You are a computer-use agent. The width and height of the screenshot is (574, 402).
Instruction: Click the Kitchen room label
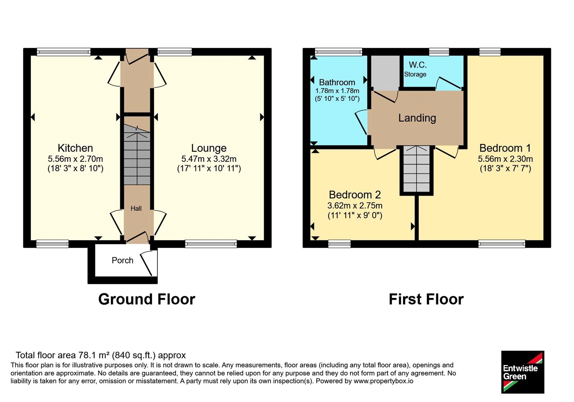75,148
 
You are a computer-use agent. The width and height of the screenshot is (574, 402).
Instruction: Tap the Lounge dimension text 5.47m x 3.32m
209,159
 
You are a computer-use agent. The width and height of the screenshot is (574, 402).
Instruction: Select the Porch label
122,260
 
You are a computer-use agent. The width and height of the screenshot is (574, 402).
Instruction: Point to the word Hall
136,209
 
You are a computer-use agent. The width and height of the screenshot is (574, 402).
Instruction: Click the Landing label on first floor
417,118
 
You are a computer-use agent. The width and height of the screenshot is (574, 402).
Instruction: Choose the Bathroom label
337,82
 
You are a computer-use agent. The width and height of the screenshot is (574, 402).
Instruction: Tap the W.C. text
418,65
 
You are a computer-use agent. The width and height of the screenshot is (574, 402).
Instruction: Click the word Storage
415,74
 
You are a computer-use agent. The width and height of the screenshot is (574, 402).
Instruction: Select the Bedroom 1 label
505,148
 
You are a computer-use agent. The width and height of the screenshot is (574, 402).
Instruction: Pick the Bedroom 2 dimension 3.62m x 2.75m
355,206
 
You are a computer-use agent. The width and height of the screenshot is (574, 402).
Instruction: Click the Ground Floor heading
147,299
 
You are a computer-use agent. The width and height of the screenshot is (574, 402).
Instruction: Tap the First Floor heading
426,299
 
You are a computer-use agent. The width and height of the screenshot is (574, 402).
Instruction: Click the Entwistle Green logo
523,372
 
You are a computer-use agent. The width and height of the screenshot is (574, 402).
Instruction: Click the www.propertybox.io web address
384,381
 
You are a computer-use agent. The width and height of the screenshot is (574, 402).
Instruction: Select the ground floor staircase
137,155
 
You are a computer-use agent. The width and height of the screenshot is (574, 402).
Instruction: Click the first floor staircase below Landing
417,169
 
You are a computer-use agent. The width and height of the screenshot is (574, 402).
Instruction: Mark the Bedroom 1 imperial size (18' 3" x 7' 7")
505,168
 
